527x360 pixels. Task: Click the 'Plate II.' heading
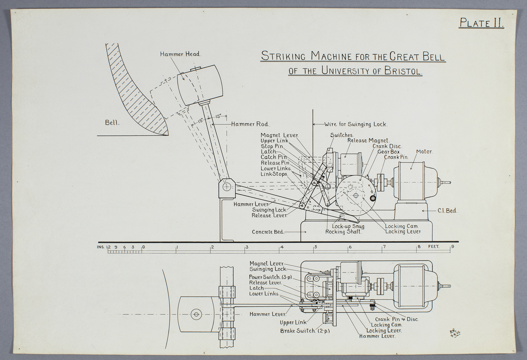(x=481, y=23)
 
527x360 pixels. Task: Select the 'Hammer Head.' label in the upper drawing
(x=180, y=54)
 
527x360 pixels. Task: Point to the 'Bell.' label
(x=112, y=123)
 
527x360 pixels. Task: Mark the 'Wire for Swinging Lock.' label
(x=356, y=124)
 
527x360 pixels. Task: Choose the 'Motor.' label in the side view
(x=424, y=152)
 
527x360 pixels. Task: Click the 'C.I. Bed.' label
(x=447, y=210)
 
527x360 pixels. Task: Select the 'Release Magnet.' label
(x=368, y=141)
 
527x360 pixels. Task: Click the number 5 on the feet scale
(x=315, y=247)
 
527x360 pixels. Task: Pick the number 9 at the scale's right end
(x=452, y=247)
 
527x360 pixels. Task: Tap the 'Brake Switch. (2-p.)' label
(x=305, y=331)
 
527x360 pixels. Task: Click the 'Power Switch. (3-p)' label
(x=271, y=277)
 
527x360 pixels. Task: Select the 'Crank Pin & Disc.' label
(x=397, y=319)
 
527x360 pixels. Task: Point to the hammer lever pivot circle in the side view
(x=227, y=187)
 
